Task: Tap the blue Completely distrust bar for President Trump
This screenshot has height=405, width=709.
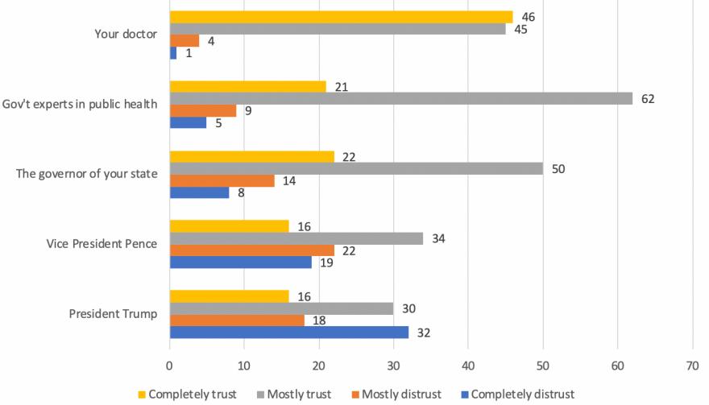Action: [x=288, y=331]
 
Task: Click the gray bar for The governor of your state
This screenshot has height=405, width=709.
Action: [x=355, y=169]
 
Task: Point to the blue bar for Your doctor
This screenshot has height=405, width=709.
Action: [x=173, y=53]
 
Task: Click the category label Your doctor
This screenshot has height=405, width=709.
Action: [x=126, y=35]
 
